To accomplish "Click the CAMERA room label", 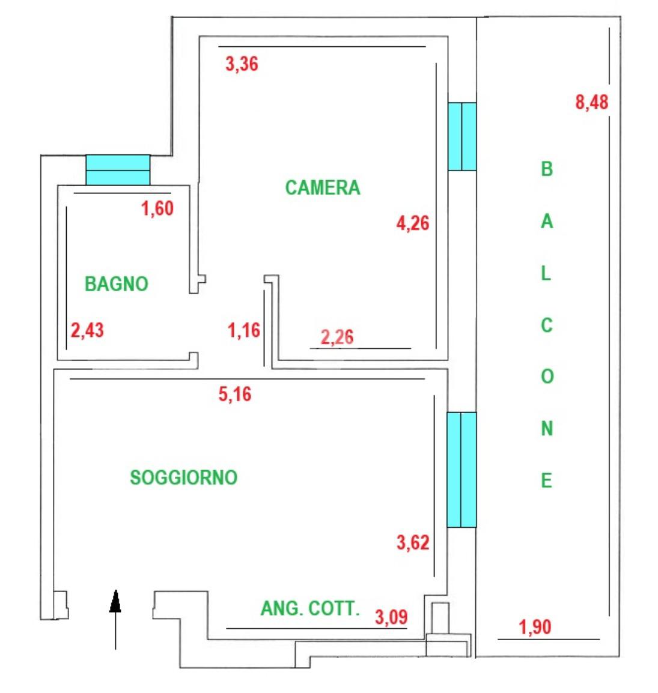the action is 323,187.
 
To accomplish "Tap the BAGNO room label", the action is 117,283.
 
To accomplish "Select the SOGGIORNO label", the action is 184,477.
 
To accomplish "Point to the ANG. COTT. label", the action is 309,608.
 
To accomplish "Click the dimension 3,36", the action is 242,63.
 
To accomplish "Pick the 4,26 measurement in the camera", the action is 413,223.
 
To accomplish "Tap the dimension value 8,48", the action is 592,102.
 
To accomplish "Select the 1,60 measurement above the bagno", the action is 157,208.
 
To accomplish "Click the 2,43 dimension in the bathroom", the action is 87,330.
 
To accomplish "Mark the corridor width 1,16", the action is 244,330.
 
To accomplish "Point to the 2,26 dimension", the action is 337,336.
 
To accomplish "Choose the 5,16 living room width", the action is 235,394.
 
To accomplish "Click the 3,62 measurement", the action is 413,542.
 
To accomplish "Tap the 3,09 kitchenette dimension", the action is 391,616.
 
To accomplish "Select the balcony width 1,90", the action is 535,627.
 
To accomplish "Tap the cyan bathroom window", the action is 117,169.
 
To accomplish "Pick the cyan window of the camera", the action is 462,136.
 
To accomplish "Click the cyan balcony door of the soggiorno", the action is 462,469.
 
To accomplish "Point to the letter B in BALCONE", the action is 546,169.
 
